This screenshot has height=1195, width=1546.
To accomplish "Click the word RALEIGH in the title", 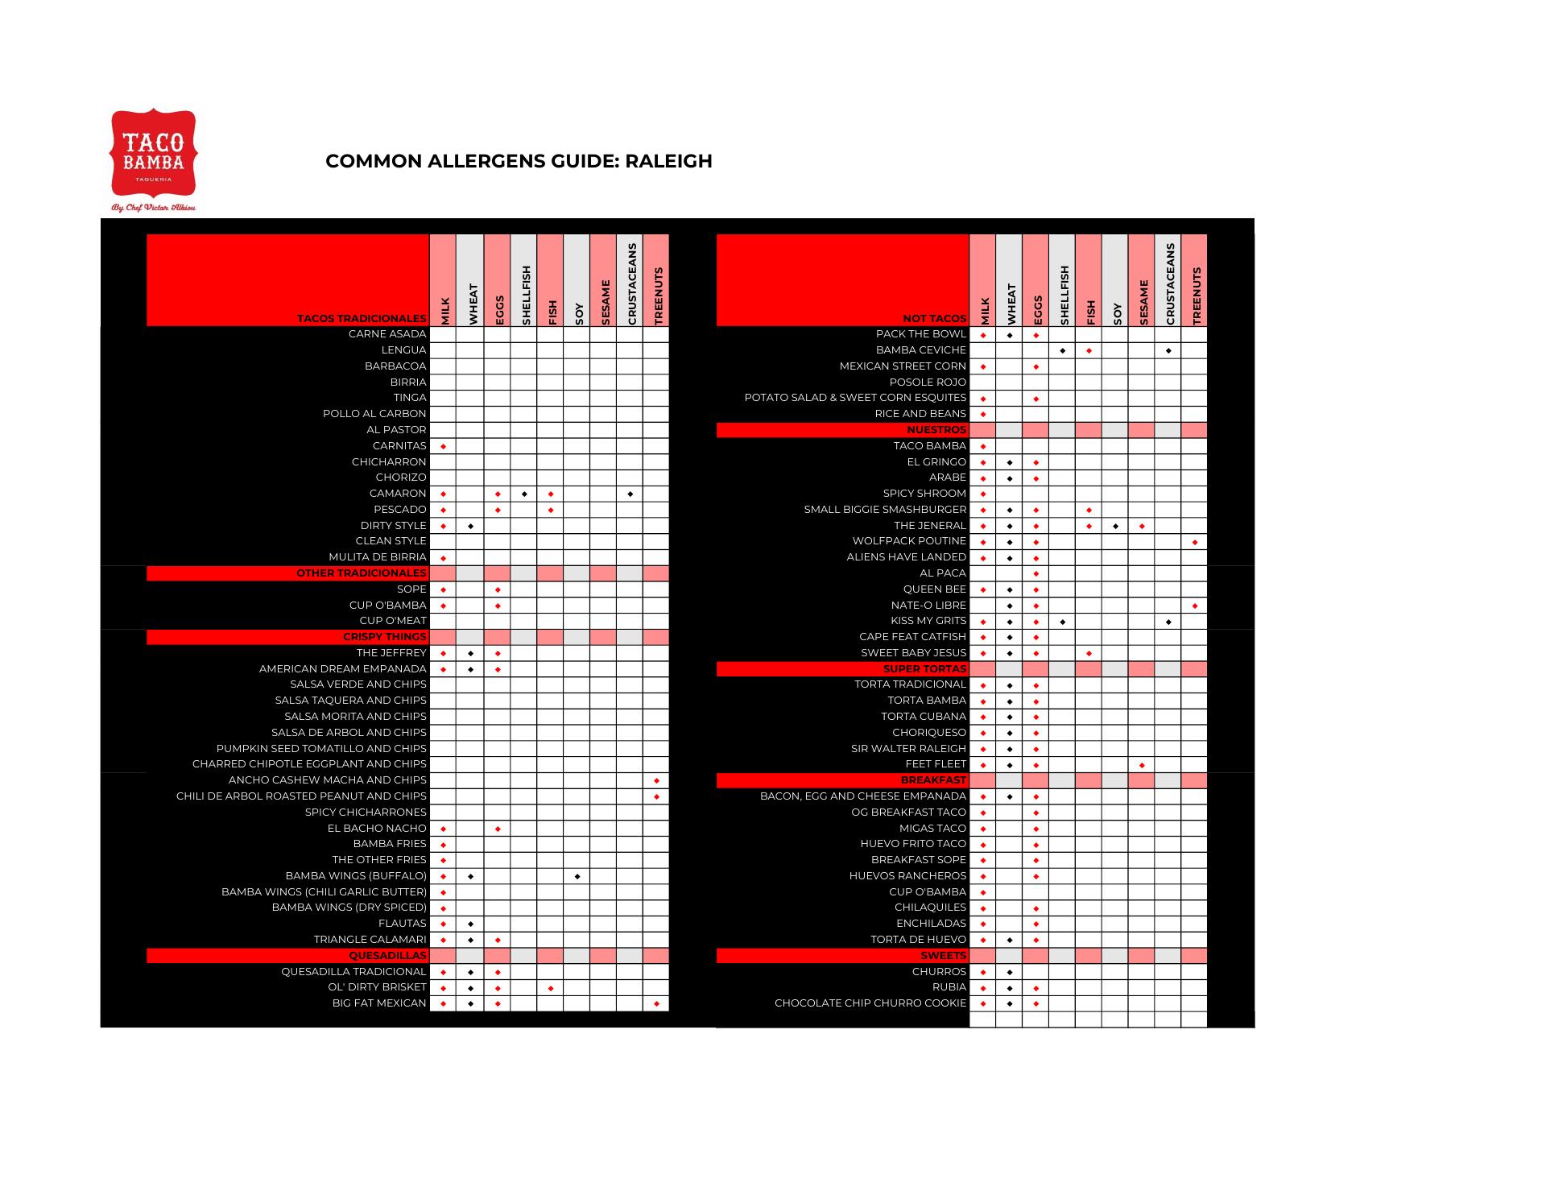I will click(668, 161).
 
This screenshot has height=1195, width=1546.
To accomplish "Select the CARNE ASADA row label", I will click(387, 334).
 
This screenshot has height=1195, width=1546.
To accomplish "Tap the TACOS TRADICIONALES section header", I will click(362, 319).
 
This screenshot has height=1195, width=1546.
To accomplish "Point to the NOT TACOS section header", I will click(934, 319).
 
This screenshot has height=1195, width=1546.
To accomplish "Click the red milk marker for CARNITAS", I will click(444, 446).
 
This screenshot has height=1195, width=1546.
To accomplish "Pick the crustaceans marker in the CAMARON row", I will click(630, 494).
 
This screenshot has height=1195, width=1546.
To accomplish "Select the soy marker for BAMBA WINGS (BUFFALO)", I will click(577, 876).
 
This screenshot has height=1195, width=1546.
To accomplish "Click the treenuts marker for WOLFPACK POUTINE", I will click(1195, 542).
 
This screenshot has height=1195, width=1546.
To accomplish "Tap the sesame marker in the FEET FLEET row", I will click(1142, 765).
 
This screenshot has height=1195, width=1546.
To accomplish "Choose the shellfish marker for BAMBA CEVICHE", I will click(1063, 350).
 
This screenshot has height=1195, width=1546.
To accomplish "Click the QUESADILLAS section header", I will click(387, 956).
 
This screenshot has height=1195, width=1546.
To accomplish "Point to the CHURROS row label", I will click(939, 972).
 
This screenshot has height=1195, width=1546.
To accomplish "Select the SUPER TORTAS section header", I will click(924, 669).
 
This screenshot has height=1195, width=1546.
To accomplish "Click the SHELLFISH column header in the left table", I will click(524, 295).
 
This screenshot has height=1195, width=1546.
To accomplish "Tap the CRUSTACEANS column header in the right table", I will click(1168, 283).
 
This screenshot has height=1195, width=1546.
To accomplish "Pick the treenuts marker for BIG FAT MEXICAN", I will click(656, 1004).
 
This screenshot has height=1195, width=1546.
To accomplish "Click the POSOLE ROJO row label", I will click(928, 382).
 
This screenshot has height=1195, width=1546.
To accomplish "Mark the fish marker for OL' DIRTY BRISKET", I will click(551, 988).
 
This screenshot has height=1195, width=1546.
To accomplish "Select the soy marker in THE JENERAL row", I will click(1115, 526).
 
